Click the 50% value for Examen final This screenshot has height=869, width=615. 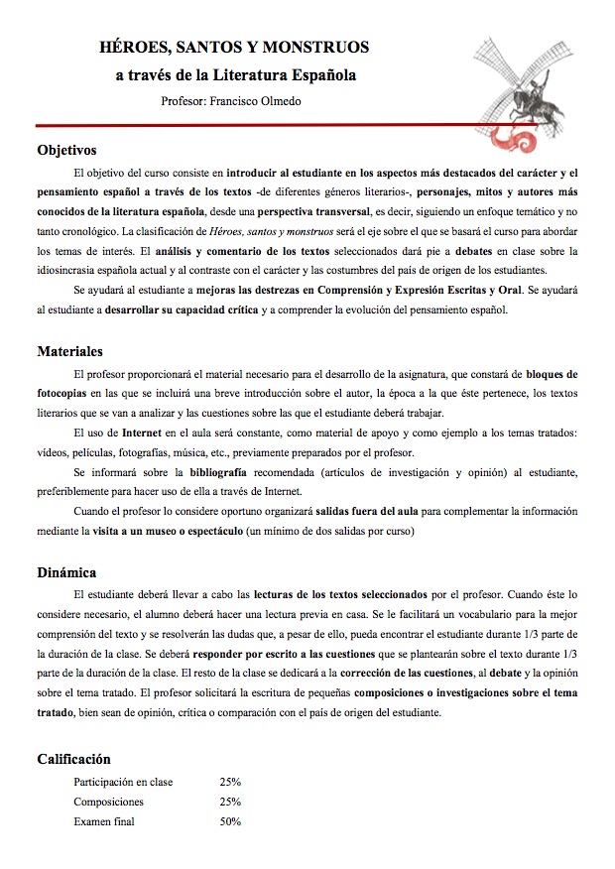click(230, 821)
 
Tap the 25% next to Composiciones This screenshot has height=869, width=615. click(230, 802)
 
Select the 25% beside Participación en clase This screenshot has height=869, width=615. click(230, 782)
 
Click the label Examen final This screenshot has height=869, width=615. click(104, 821)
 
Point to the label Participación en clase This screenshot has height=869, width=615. click(123, 782)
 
